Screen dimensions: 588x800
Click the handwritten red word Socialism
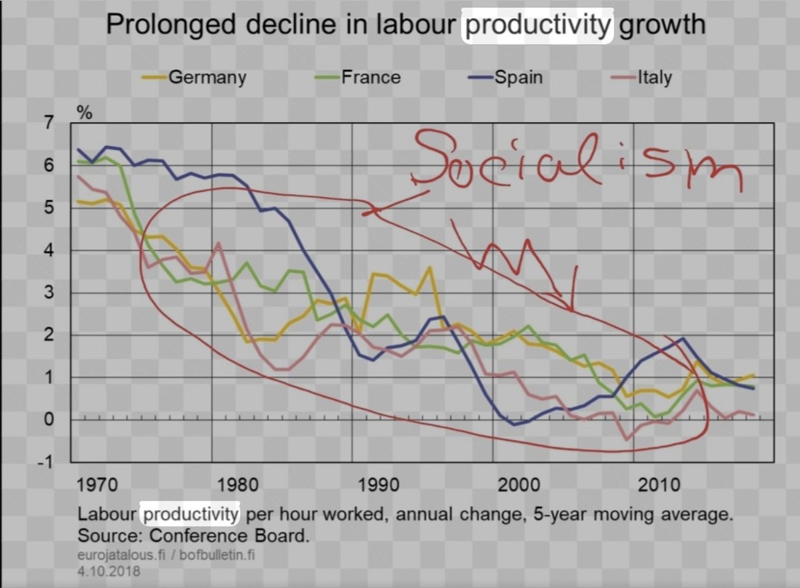click(573, 160)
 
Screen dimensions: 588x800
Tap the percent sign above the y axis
click(85, 111)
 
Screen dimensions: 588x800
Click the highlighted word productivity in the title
click(537, 25)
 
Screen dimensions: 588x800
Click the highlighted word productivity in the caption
click(191, 515)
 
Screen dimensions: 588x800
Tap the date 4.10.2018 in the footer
click(109, 571)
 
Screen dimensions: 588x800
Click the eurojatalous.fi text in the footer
click(124, 555)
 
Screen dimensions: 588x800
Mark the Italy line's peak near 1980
click(219, 244)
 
